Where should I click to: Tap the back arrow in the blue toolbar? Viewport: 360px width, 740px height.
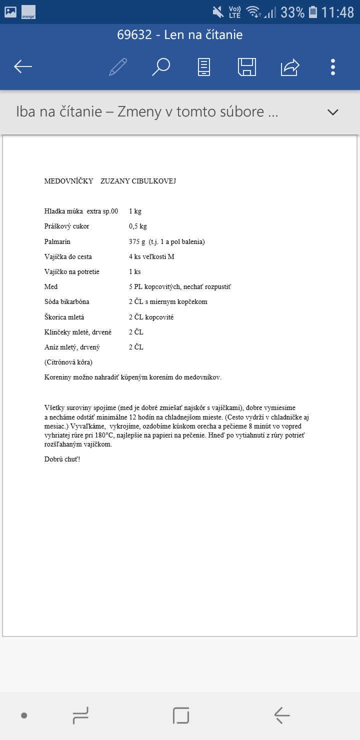point(23,66)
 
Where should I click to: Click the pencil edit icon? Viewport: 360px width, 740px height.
point(118,66)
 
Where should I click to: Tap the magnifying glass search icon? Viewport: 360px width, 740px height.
point(161,66)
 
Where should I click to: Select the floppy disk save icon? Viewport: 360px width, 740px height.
point(247,66)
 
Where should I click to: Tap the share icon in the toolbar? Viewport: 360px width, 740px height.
point(290,66)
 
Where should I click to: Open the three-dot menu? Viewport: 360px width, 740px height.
point(333,66)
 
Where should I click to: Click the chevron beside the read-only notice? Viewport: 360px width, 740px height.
point(333,112)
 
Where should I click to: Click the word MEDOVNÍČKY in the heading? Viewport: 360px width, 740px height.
point(68,181)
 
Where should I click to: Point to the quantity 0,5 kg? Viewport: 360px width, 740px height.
point(138,226)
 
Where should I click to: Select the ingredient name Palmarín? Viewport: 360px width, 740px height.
point(58,241)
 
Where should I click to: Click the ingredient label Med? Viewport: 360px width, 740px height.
point(51,286)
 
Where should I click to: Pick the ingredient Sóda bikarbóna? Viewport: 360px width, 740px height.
point(67,301)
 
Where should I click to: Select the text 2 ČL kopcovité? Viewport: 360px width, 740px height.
point(151,317)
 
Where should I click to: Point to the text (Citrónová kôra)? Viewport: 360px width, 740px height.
point(68,362)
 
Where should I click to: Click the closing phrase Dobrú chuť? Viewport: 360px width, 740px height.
point(62,459)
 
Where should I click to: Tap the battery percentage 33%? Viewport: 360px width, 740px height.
point(292,12)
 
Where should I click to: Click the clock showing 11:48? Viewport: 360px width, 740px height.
point(337,12)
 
